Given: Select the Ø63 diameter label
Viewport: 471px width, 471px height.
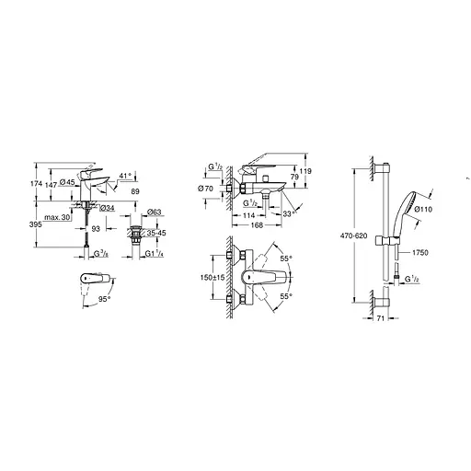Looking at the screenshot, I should coord(157,211).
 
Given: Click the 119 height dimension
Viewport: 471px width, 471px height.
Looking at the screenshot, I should coord(308,170).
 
